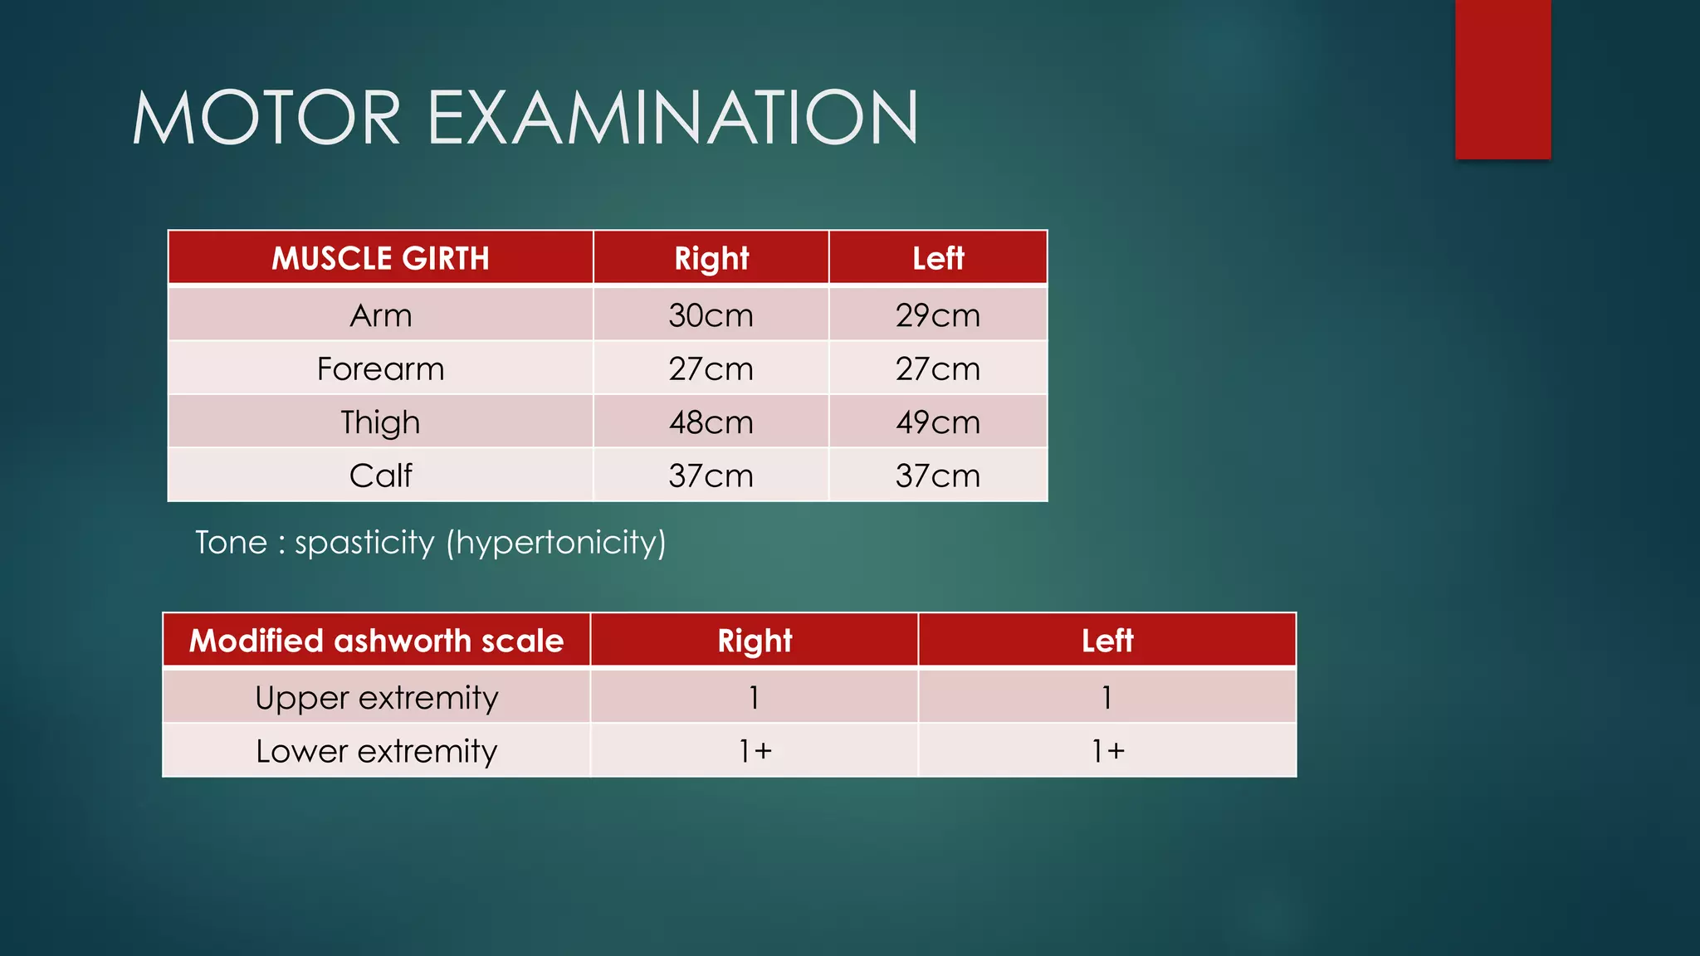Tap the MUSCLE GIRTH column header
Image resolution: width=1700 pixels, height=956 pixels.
pyautogui.click(x=380, y=258)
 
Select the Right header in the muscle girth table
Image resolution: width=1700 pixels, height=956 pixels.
pyautogui.click(x=711, y=258)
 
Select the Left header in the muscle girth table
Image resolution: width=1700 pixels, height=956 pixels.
pyautogui.click(x=938, y=258)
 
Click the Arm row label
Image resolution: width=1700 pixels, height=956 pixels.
pyautogui.click(x=380, y=315)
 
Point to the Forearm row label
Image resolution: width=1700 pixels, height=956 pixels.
pyautogui.click(x=380, y=368)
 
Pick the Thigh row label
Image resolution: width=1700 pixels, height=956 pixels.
pyautogui.click(x=380, y=422)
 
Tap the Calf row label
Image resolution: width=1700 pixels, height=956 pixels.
pyautogui.click(x=380, y=476)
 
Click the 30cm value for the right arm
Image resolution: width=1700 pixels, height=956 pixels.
pyautogui.click(x=711, y=315)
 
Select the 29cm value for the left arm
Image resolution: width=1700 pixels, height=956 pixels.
pyautogui.click(x=938, y=315)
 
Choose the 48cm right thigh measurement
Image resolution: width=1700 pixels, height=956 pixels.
pyautogui.click(x=711, y=422)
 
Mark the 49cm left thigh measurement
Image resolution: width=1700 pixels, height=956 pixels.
pyautogui.click(x=938, y=422)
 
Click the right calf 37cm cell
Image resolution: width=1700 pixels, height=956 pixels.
pyautogui.click(x=711, y=476)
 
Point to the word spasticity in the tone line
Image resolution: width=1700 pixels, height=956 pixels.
pyautogui.click(x=364, y=543)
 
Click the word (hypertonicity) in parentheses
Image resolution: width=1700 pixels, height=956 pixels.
pyautogui.click(x=556, y=543)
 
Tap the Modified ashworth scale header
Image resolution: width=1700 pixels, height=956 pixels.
pyautogui.click(x=376, y=641)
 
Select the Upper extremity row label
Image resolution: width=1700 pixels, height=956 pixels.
pyautogui.click(x=376, y=698)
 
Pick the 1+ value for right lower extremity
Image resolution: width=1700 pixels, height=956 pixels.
pyautogui.click(x=755, y=751)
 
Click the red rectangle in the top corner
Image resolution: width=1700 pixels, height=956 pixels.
pyautogui.click(x=1502, y=79)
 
